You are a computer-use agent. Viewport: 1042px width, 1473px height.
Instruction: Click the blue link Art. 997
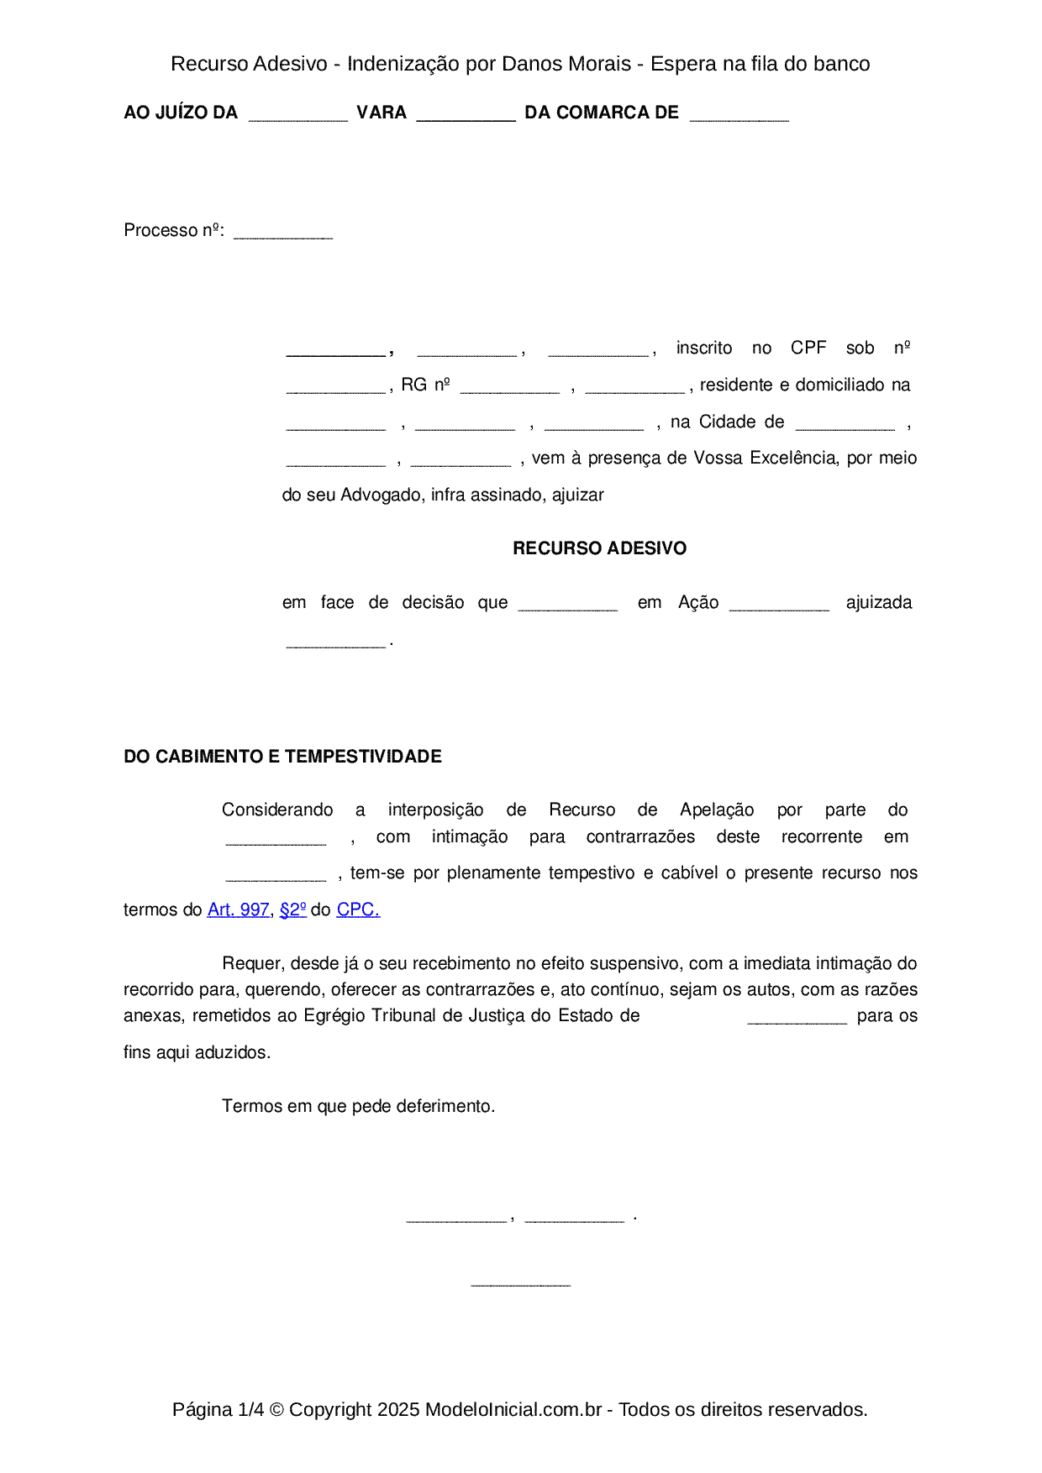coord(238,909)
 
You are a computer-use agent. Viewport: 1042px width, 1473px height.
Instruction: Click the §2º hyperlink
coord(292,909)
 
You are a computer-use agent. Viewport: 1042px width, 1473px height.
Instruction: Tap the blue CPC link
coord(358,909)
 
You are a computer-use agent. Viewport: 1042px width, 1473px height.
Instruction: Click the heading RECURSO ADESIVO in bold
coord(599,548)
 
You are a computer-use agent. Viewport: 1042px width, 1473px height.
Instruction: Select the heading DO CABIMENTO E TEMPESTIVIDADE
coord(282,757)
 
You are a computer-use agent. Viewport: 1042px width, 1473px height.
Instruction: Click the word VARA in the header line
coord(382,113)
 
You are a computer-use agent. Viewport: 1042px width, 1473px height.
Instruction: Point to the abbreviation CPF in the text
coord(808,348)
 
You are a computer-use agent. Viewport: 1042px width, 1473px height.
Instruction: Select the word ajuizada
coord(878,602)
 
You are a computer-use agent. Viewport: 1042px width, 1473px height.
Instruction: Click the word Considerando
coord(277,810)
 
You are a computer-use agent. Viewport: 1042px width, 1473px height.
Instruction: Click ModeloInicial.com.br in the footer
coord(513,1409)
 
